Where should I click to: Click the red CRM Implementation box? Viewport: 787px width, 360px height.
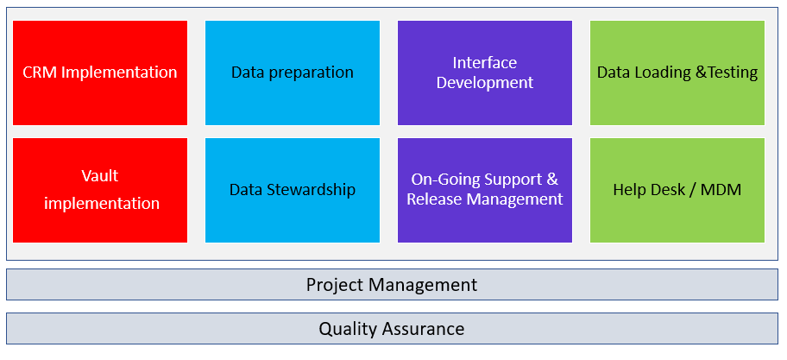pos(100,73)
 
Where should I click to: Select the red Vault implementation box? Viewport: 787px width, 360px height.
pos(100,190)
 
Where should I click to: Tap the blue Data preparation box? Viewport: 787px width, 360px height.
pos(293,73)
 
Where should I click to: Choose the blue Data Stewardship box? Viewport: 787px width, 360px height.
pos(293,190)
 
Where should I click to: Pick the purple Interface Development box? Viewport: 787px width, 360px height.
pos(485,73)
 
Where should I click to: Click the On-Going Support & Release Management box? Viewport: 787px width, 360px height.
pos(485,190)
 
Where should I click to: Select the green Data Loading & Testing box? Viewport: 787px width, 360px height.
pos(677,73)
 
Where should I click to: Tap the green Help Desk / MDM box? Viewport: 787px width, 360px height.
pos(677,190)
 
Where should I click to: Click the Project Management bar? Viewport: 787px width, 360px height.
pos(392,285)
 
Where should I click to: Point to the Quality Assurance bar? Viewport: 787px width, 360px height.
pos(392,329)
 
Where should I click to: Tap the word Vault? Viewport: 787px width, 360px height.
pos(100,176)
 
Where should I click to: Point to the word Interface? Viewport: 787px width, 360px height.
pos(485,63)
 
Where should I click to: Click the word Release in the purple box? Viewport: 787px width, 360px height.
pos(435,199)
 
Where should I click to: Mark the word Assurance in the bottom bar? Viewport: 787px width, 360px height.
pos(423,329)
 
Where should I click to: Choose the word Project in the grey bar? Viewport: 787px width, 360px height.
pos(336,286)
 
